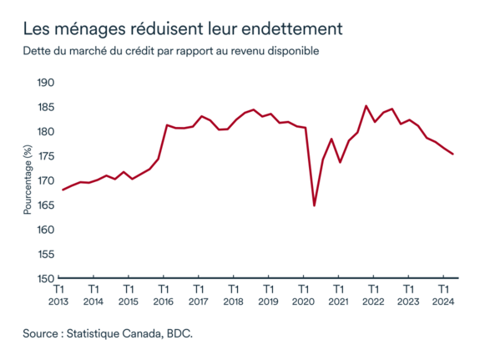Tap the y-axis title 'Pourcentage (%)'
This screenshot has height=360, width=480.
(x=28, y=180)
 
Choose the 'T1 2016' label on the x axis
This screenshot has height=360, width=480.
(x=164, y=295)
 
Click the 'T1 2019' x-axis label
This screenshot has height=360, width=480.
(x=268, y=295)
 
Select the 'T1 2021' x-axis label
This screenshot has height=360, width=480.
(x=337, y=295)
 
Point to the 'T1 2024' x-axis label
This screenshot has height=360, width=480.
(x=442, y=295)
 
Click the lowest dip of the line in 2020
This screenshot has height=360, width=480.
(x=314, y=205)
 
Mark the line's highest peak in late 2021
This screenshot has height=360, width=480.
(x=366, y=106)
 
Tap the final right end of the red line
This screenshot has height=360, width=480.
(x=452, y=154)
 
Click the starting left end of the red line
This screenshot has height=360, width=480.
(x=63, y=190)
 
